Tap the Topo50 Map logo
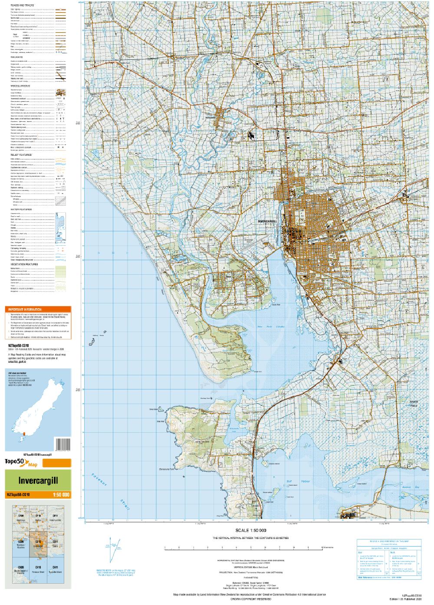pyautogui.click(x=21, y=463)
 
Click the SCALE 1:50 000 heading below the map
pyautogui.click(x=250, y=530)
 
